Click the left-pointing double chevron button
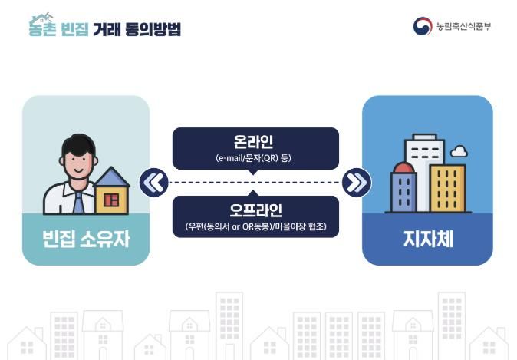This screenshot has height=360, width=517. coord(154,183)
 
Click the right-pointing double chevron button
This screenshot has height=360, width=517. coord(357,183)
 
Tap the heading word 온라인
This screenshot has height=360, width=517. coord(253,141)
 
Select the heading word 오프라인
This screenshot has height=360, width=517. coord(255,210)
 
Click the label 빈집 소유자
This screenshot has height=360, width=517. coord(86,239)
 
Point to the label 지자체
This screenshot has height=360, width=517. coord(428,239)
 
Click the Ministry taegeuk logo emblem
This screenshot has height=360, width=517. coord(423,26)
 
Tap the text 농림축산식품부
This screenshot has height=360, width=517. coord(463,26)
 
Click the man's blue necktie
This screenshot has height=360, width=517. coord(78,203)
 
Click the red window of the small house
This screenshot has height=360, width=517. coord(111,200)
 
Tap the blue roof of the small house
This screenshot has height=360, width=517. coord(112,177)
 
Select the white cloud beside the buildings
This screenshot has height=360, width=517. coord(459,151)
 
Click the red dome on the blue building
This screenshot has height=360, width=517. coord(404,167)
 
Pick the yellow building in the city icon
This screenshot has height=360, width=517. coord(448,188)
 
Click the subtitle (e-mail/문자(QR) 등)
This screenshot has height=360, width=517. coord(253,158)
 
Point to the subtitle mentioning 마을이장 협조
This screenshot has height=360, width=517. coord(255,226)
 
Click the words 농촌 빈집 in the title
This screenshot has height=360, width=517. coord(59,28)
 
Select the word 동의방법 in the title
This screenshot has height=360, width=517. coord(153,28)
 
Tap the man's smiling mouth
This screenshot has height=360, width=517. coord(78,170)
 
